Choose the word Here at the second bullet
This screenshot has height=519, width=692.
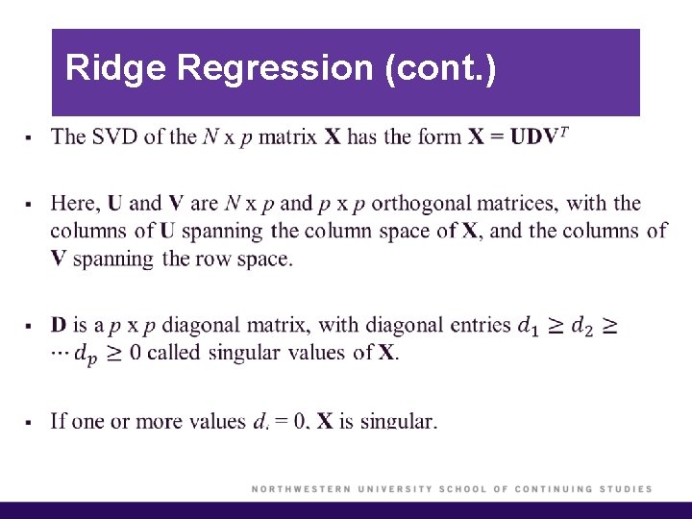click(74, 203)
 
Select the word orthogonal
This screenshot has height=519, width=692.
click(419, 203)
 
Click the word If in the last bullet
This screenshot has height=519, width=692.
click(59, 420)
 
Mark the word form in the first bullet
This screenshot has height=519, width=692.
click(438, 136)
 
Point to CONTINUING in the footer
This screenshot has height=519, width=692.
click(554, 489)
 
